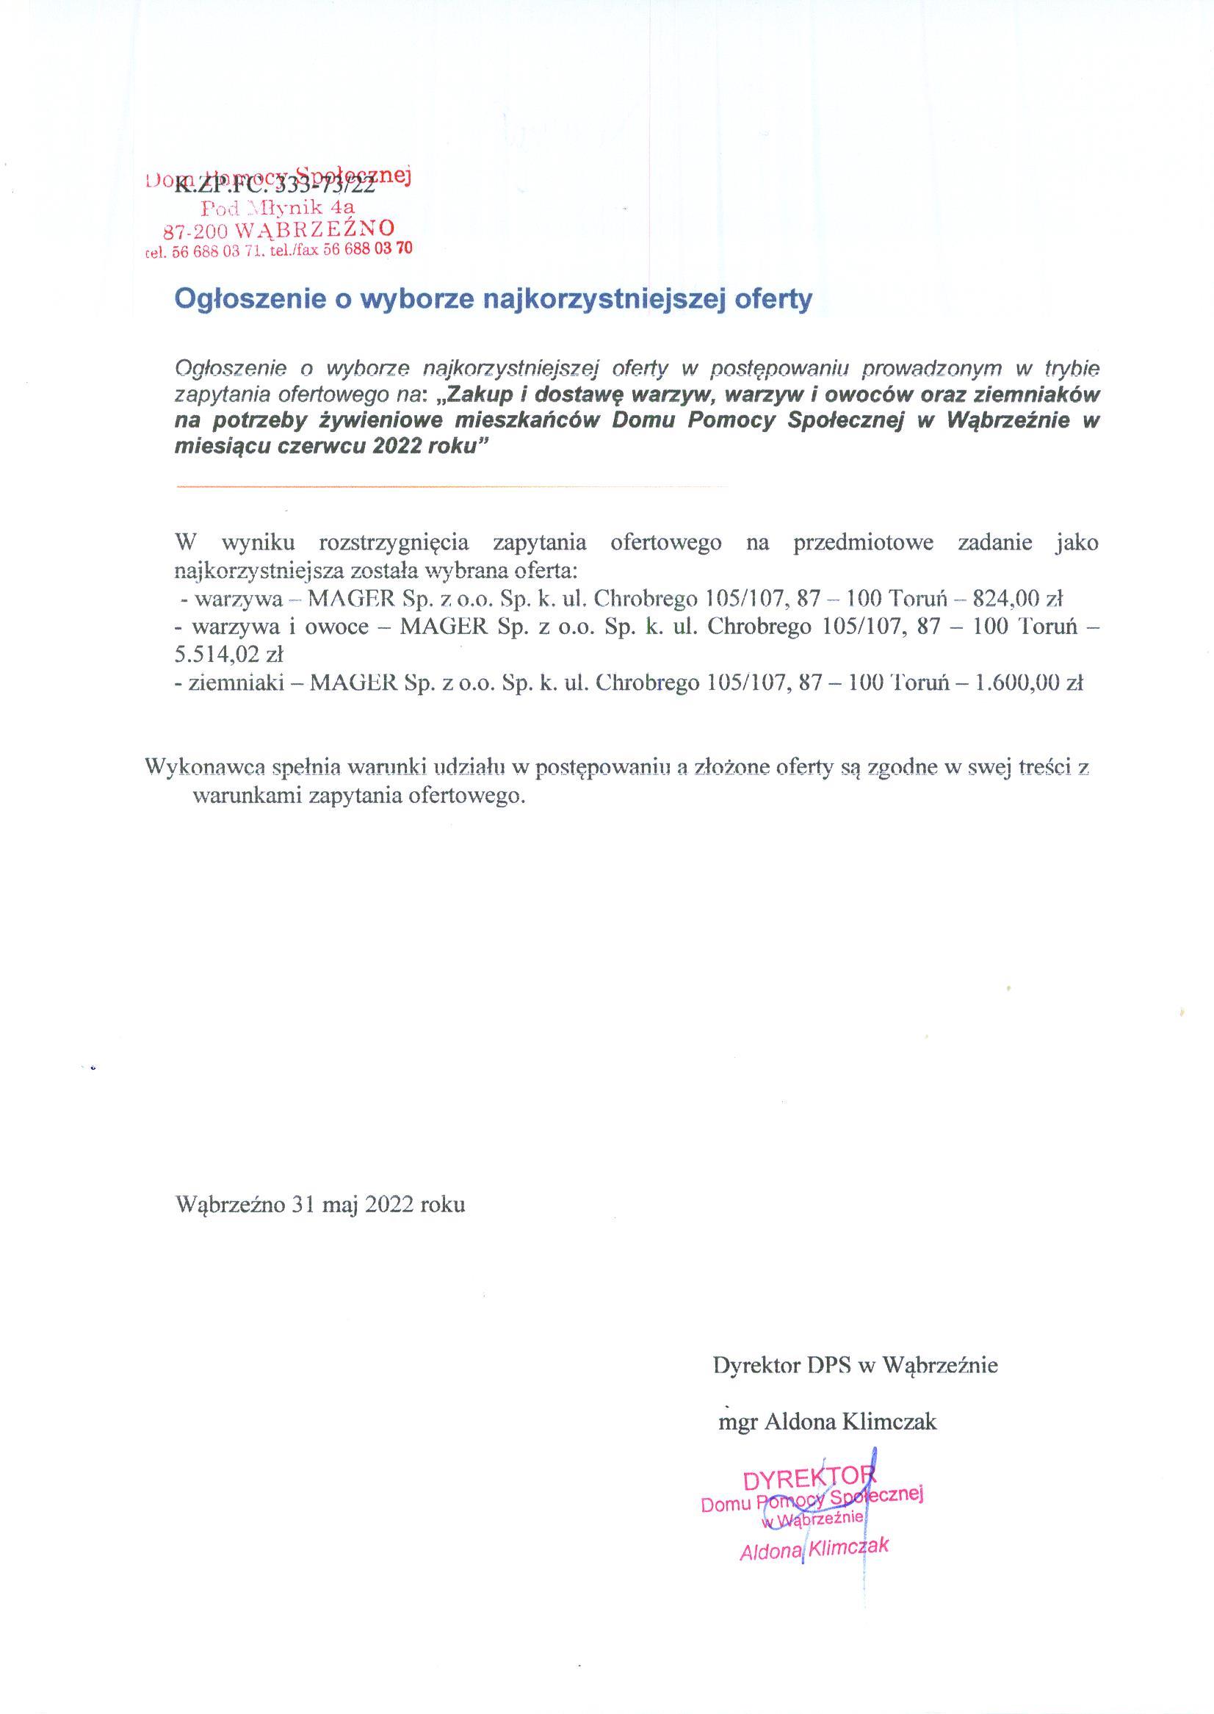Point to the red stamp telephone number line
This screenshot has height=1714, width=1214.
(x=278, y=250)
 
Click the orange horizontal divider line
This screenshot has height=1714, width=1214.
(x=452, y=487)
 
